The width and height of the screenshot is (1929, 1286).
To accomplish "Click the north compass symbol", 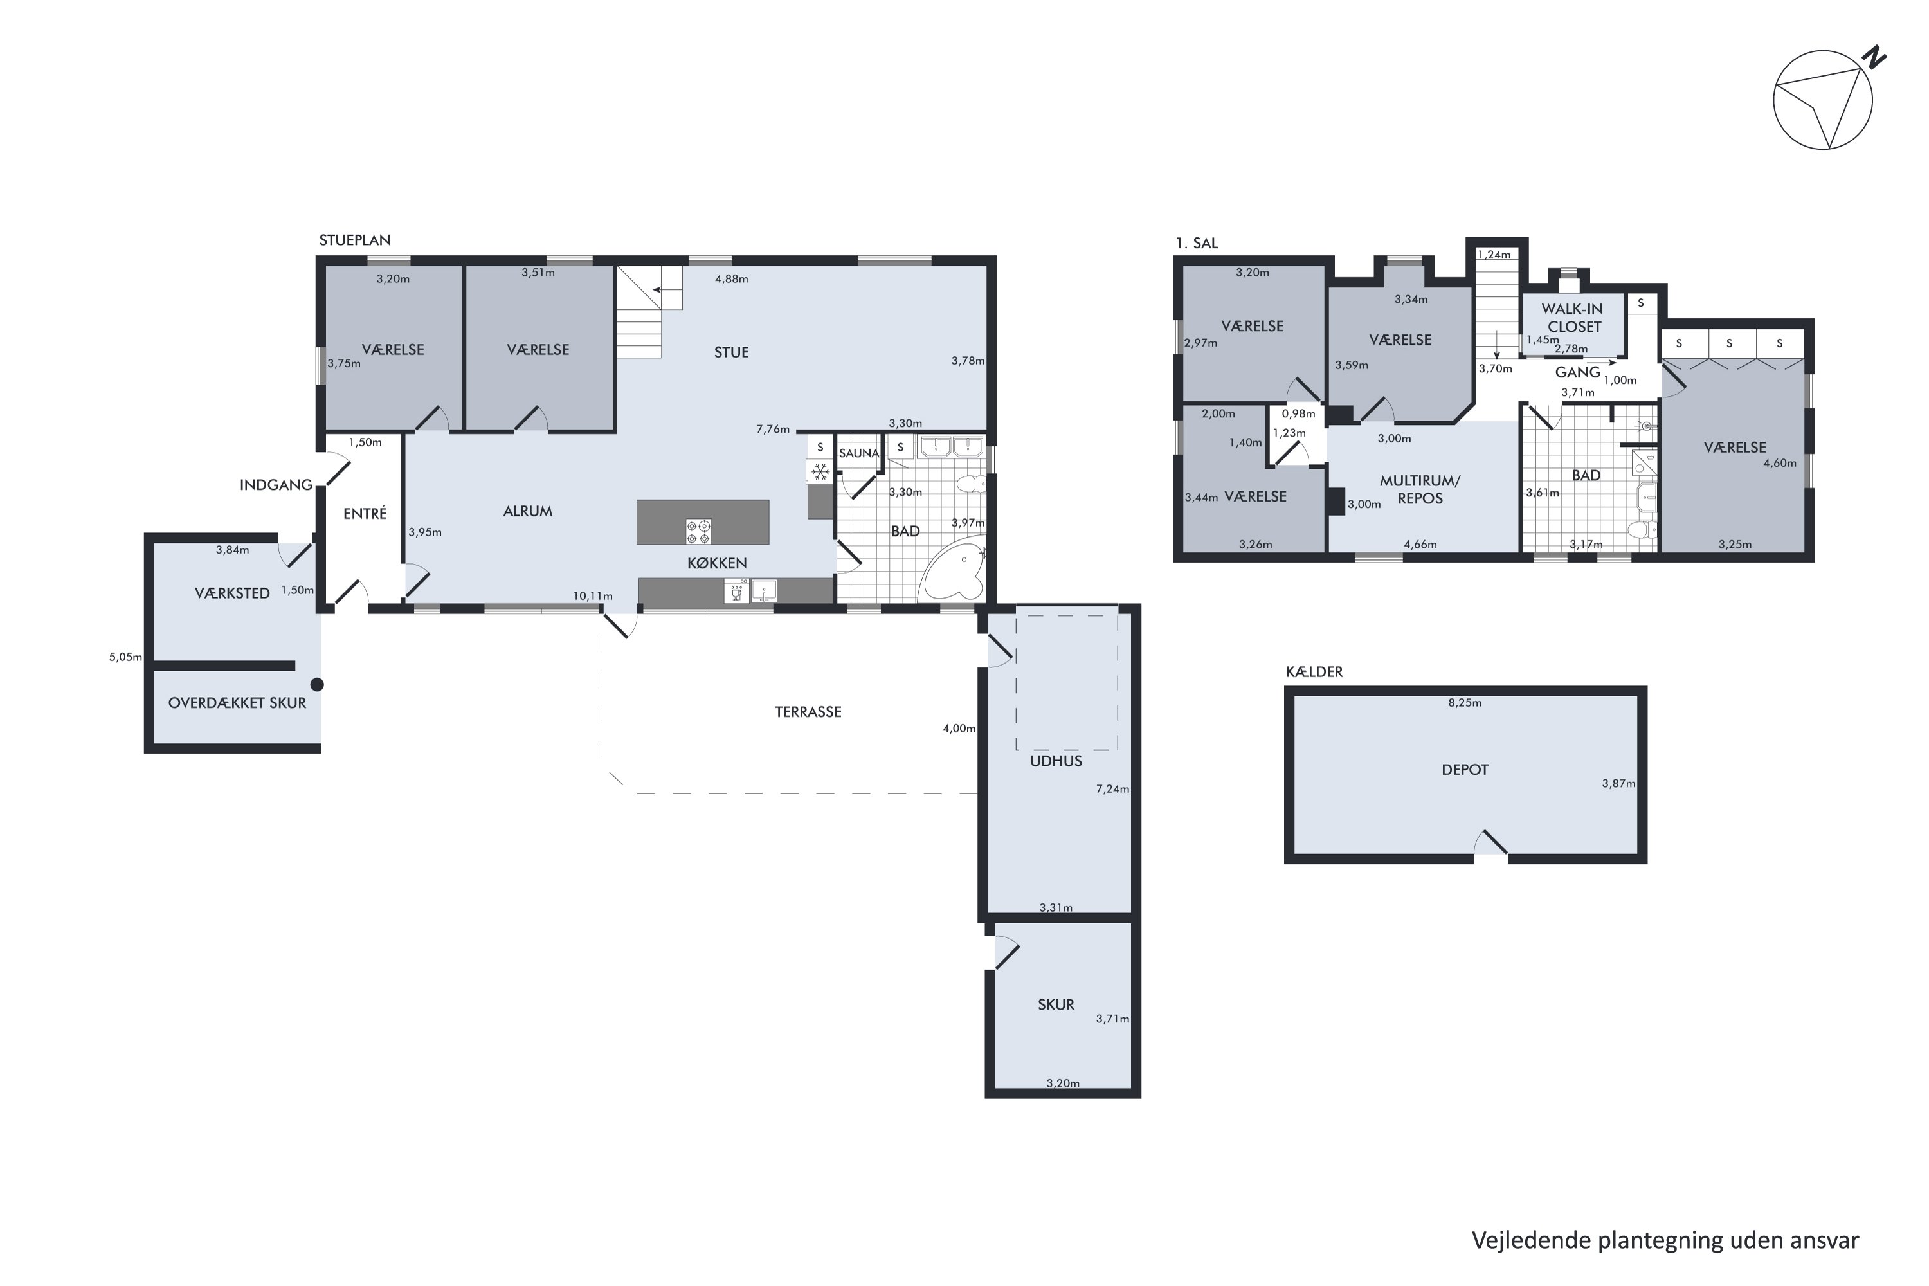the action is point(1828,98).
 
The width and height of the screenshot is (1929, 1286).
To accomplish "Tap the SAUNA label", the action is point(858,453).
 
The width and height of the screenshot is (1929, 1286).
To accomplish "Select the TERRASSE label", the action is point(808,712).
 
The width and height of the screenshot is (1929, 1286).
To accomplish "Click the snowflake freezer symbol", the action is point(820,471).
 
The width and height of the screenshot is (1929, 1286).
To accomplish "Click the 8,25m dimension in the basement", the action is point(1465,703).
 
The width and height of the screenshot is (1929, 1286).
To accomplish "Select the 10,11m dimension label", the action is point(592,596).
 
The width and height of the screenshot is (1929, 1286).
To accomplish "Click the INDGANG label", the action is point(276,485).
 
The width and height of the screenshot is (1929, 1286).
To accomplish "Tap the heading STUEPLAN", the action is point(354,240).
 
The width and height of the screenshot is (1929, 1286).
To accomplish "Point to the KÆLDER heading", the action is point(1314,672).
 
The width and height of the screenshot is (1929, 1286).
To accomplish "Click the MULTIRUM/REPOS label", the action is point(1420,489).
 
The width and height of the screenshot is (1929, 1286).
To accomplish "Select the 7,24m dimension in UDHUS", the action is point(1112,789).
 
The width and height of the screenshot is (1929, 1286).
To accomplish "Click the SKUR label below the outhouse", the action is point(1056,1004).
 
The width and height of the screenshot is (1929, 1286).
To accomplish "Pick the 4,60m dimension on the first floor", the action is point(1780,464).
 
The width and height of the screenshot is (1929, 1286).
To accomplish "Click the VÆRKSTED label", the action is point(232,593).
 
